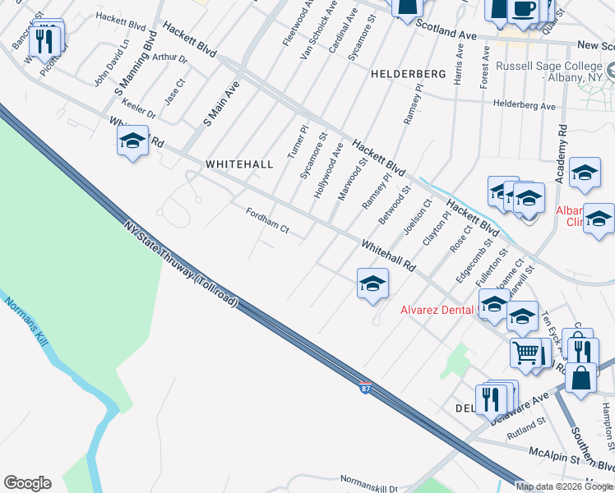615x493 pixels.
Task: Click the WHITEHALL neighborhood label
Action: (239, 164)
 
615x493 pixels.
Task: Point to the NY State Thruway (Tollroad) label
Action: (181, 262)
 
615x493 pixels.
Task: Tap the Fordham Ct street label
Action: (267, 220)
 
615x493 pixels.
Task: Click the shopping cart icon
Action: (526, 352)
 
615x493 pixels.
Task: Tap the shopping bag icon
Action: (580, 379)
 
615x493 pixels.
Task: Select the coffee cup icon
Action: (524, 9)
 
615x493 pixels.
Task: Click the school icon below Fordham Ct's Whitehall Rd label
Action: (372, 284)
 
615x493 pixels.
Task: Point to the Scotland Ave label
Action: (446, 30)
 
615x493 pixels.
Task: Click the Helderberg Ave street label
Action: (525, 105)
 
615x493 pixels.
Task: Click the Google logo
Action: (27, 483)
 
